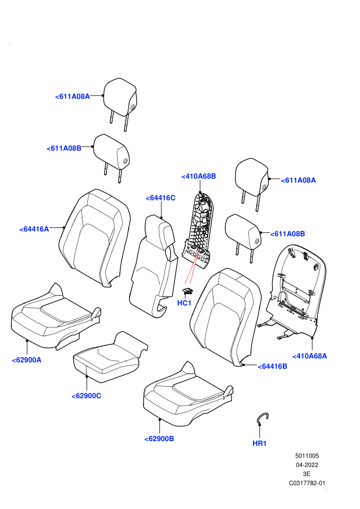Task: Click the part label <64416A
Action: (34, 229)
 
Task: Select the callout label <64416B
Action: (273, 367)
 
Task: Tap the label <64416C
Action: (160, 198)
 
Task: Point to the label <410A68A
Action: (310, 356)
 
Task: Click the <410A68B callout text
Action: (199, 176)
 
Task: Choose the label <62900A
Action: (27, 360)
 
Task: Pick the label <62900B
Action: (159, 439)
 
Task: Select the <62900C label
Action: (86, 396)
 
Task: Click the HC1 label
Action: (184, 303)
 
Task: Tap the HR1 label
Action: (259, 443)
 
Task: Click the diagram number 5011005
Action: (307, 456)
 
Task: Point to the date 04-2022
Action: (307, 465)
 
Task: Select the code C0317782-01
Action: (307, 483)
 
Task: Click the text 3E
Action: (307, 474)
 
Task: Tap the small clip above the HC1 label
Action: (188, 291)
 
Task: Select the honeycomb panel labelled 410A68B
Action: (198, 230)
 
